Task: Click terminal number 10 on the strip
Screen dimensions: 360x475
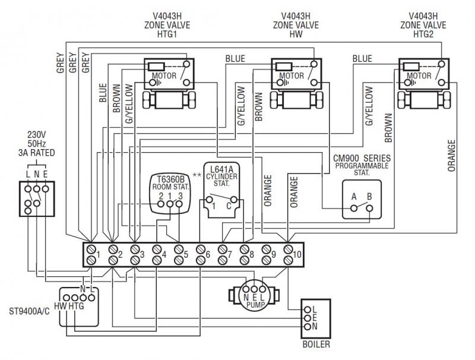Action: (289, 254)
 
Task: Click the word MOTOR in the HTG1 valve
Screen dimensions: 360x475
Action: (164, 76)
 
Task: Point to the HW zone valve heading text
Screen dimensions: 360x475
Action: (297, 26)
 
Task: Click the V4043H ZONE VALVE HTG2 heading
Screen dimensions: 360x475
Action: (424, 26)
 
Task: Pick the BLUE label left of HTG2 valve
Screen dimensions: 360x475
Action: (362, 58)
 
